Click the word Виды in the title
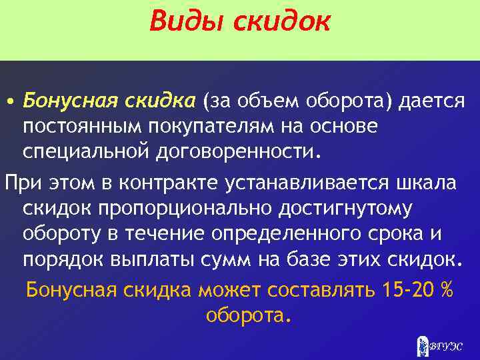[186, 22]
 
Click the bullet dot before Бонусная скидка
[11, 101]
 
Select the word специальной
[87, 149]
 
